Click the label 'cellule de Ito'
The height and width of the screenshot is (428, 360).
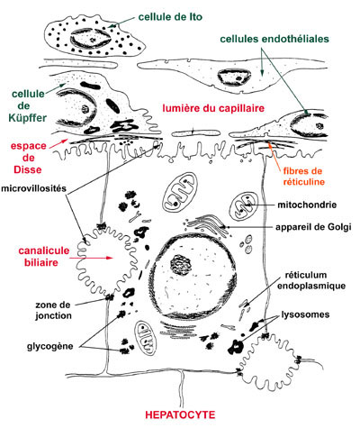[x=170, y=17]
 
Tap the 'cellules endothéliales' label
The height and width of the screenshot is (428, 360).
[x=274, y=39]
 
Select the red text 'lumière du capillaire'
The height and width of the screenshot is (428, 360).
[x=213, y=108]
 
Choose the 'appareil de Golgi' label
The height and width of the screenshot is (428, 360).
[x=313, y=227]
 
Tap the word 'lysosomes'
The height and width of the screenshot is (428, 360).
[x=305, y=314]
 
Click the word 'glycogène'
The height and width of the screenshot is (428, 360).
[x=50, y=347]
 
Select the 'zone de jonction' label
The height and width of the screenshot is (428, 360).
[x=53, y=310]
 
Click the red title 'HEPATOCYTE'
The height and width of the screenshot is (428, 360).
[x=180, y=414]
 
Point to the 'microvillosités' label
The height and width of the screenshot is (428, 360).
[x=33, y=188]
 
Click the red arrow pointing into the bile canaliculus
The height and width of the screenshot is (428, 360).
[x=91, y=258]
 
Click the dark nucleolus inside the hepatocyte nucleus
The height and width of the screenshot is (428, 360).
[x=181, y=265]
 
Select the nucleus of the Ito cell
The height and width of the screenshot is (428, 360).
[x=91, y=40]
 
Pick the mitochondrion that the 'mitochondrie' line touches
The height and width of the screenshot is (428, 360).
[x=244, y=206]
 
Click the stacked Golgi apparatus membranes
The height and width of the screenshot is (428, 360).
[x=207, y=225]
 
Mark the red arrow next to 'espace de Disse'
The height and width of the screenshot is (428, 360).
[x=58, y=144]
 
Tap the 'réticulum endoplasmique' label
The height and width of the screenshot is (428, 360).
[x=311, y=280]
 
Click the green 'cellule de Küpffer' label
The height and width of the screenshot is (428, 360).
[x=29, y=106]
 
